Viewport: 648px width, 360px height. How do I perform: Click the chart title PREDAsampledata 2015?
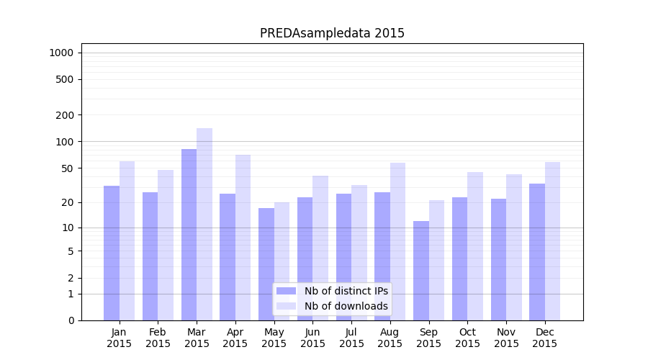tap(332, 33)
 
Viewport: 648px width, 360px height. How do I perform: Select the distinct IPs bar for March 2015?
tap(189, 235)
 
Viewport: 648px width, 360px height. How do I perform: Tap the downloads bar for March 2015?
tap(204, 224)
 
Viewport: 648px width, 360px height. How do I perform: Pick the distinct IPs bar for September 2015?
tap(421, 271)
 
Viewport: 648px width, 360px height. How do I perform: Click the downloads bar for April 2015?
tap(243, 238)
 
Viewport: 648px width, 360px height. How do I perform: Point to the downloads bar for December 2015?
tap(553, 241)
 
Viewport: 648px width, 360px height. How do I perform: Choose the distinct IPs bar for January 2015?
tap(112, 253)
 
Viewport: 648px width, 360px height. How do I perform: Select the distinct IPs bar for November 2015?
tap(498, 259)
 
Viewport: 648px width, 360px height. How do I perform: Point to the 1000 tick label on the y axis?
tap(62, 53)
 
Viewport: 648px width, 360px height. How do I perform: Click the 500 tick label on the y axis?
tap(65, 79)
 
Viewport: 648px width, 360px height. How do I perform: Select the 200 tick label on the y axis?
tap(65, 115)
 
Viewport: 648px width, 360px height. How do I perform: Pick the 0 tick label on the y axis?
tap(71, 320)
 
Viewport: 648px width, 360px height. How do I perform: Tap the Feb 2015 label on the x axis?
tap(158, 338)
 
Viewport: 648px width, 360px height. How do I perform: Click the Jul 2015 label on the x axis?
tap(351, 338)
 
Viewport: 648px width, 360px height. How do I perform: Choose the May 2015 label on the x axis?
tap(274, 338)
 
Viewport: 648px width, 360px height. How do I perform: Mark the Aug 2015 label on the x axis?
tap(390, 338)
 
